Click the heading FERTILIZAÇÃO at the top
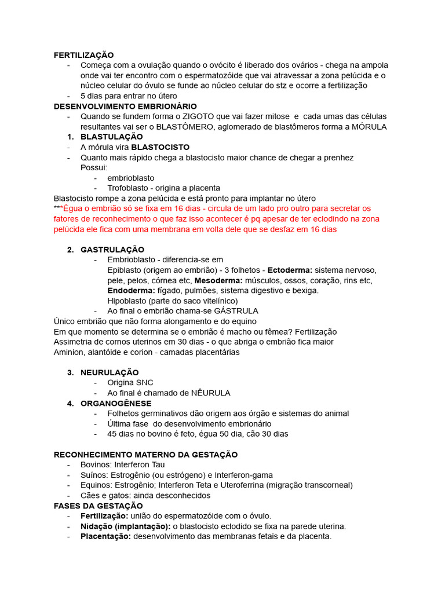pyautogui.click(x=83, y=55)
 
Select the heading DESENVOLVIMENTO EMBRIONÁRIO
pyautogui.click(x=125, y=107)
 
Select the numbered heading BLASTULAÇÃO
pyautogui.click(x=111, y=137)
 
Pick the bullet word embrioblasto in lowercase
pyautogui.click(x=131, y=178)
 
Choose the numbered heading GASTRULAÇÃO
pyautogui.click(x=112, y=250)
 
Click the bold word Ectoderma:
pyautogui.click(x=290, y=270)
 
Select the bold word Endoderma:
pyautogui.click(x=131, y=291)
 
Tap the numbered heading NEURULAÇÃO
pyautogui.click(x=110, y=372)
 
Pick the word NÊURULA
pyautogui.click(x=211, y=393)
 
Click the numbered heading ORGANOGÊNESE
pyautogui.click(x=116, y=403)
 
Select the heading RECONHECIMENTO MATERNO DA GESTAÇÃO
pyautogui.click(x=145, y=455)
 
